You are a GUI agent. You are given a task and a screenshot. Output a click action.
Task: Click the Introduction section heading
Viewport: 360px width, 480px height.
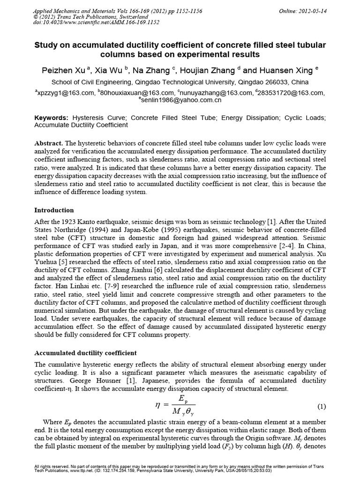point(54,210)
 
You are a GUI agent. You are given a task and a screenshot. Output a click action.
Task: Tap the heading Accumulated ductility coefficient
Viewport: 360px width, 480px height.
point(86,352)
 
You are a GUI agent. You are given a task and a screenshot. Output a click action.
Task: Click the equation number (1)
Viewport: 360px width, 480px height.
point(322,405)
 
